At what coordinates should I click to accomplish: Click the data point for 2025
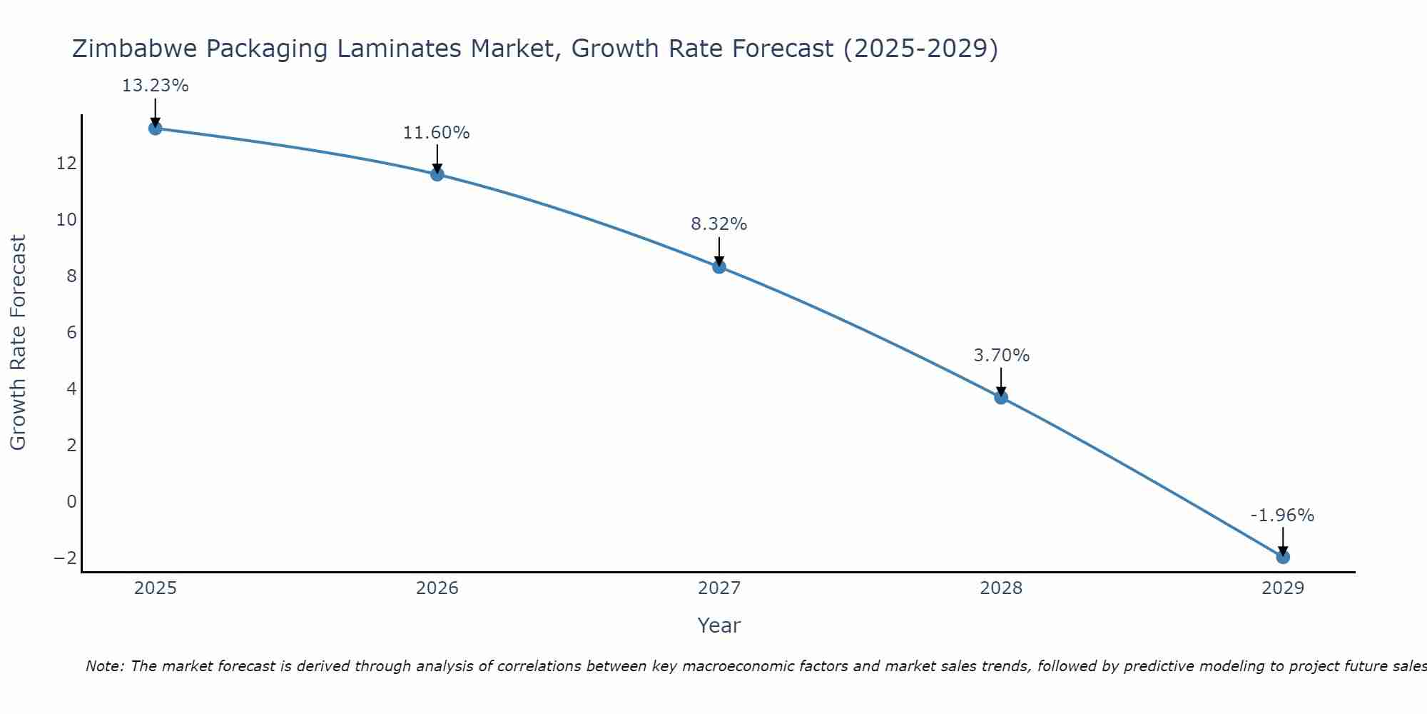(155, 129)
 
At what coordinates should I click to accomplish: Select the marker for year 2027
(718, 267)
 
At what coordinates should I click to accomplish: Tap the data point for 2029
(1282, 557)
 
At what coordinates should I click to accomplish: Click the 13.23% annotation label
(155, 86)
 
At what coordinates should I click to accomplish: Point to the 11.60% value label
(436, 133)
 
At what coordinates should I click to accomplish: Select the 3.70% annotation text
(1001, 356)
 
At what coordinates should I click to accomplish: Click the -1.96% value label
(1281, 516)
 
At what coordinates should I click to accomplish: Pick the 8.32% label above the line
(718, 224)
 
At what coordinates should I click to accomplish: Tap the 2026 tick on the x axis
(437, 588)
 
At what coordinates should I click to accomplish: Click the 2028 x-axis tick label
(1000, 588)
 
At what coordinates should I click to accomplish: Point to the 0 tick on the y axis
(71, 502)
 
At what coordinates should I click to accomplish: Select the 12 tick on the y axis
(66, 164)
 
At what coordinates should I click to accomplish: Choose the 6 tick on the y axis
(71, 333)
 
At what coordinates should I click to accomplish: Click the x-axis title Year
(718, 625)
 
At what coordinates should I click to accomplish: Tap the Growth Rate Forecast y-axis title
(19, 343)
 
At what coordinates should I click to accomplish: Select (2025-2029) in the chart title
(920, 49)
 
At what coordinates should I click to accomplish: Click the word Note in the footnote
(104, 666)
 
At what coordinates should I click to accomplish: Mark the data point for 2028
(1000, 398)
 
